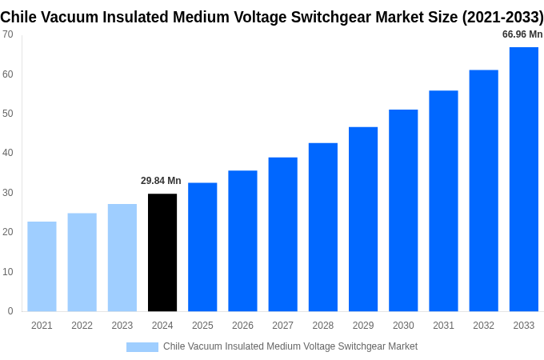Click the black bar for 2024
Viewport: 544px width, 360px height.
[162, 252]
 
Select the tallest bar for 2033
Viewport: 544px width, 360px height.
[524, 179]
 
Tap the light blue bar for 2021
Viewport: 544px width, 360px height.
[42, 266]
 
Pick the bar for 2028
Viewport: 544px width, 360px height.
[323, 227]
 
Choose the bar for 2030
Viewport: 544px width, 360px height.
[403, 210]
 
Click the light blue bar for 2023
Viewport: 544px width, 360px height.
[122, 258]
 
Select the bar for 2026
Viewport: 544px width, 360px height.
[242, 241]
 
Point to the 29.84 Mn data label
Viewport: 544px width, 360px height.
[161, 181]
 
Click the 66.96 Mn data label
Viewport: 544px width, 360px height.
[522, 34]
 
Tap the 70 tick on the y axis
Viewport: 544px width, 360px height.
[8, 34]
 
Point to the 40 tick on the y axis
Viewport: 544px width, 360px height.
[8, 153]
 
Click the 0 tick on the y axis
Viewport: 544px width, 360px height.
[10, 311]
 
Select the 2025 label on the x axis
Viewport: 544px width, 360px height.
[202, 326]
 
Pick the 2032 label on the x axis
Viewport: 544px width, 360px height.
[483, 326]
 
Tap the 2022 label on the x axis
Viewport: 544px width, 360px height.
[82, 326]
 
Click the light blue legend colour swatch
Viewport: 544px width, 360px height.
[142, 347]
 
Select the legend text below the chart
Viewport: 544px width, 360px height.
[290, 346]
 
